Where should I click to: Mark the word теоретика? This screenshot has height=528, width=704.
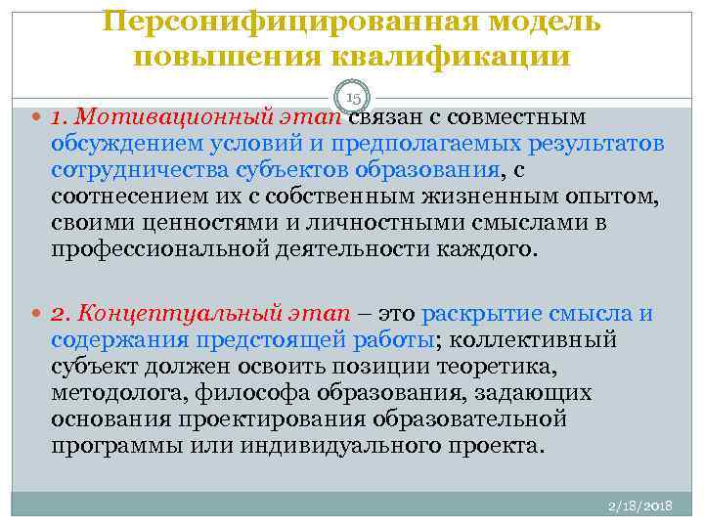click(x=499, y=367)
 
